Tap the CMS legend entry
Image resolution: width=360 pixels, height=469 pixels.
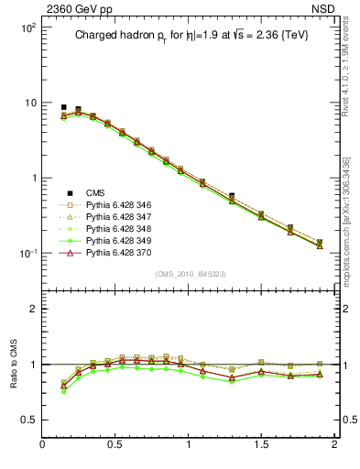pyautogui.click(x=96, y=192)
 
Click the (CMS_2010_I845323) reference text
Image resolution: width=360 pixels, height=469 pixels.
pyautogui.click(x=189, y=273)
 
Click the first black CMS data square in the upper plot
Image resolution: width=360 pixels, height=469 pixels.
pyautogui.click(x=63, y=107)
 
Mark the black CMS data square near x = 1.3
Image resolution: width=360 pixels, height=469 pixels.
pyautogui.click(x=232, y=196)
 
